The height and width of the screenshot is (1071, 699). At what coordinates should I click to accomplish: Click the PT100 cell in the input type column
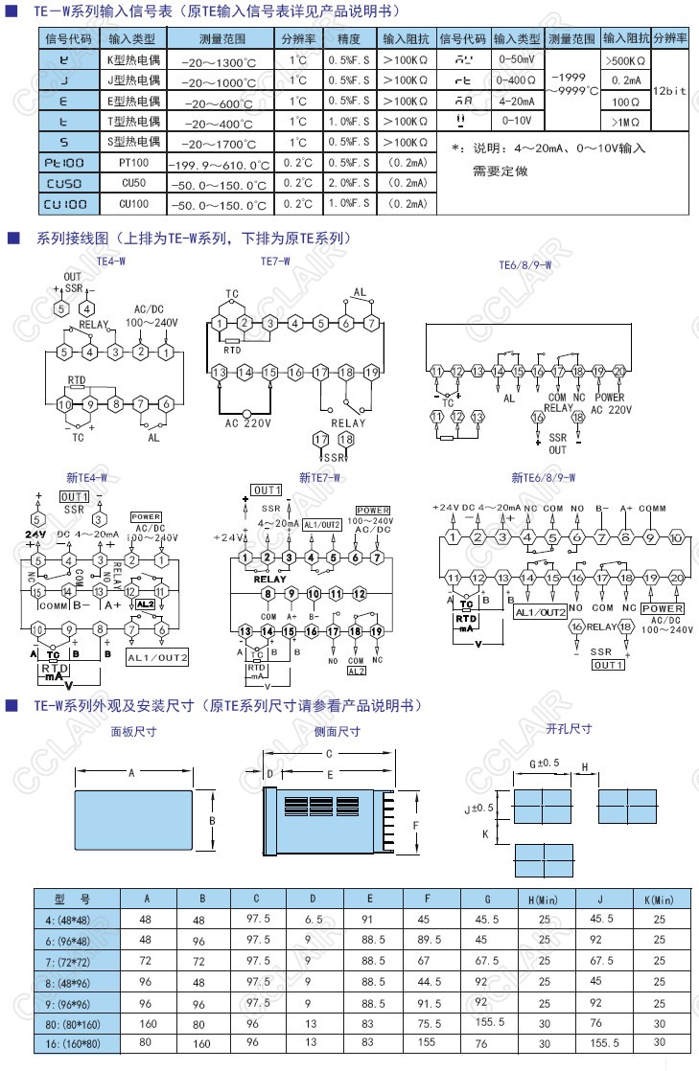(132, 163)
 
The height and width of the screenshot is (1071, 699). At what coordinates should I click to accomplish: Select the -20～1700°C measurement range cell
(221, 143)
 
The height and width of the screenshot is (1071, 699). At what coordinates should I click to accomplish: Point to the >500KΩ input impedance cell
(625, 59)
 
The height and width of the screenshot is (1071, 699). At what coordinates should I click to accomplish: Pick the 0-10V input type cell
(517, 121)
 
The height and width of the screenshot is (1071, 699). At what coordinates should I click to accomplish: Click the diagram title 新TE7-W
(320, 476)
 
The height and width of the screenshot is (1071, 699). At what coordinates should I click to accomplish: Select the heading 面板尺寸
(133, 731)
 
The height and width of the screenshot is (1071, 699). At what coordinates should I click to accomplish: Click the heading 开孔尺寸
(569, 729)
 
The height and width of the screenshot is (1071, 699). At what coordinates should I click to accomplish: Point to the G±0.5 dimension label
(544, 763)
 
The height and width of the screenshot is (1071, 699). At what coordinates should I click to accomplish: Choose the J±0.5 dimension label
(478, 809)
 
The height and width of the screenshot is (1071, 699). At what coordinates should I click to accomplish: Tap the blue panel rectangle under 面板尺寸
(132, 822)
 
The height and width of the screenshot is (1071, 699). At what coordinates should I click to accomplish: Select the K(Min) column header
(658, 900)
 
